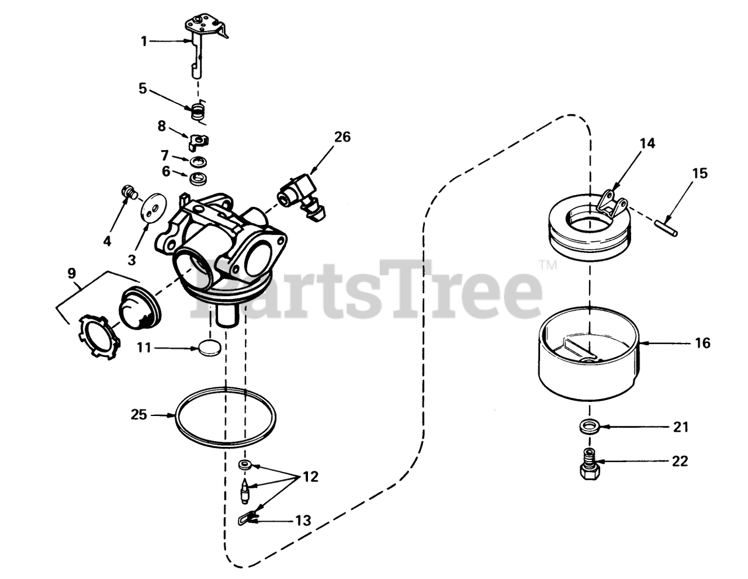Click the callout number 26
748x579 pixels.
pos(342,137)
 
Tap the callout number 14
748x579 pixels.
pos(647,143)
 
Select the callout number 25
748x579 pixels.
pos(138,415)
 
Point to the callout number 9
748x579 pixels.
pos(71,273)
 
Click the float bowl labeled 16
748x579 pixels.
pos(588,353)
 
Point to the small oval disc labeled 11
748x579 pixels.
pos(210,348)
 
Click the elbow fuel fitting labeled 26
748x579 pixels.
pos(302,196)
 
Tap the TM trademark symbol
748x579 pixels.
pos(548,265)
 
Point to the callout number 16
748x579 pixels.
pos(702,342)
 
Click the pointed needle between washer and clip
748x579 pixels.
pos(245,491)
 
